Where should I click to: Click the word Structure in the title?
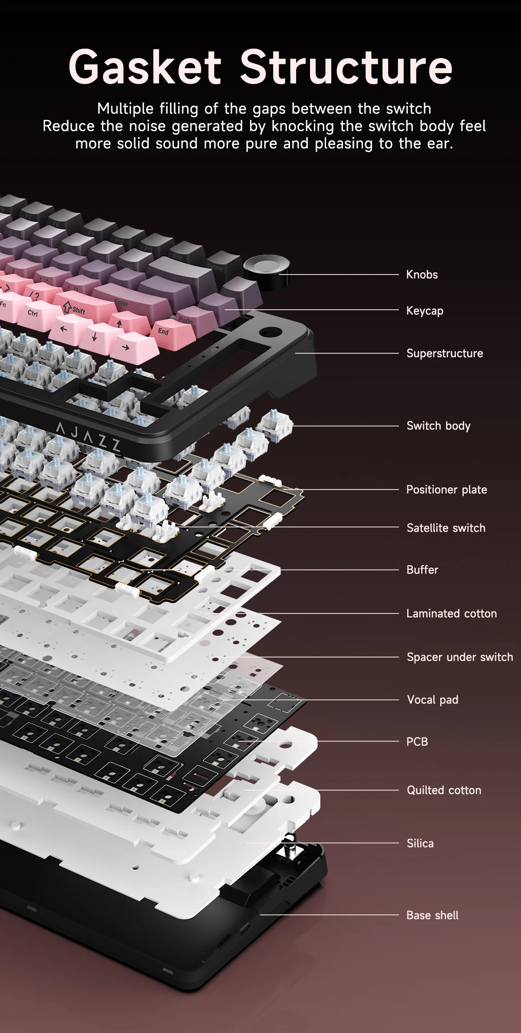click(346, 67)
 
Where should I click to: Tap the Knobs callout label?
click(422, 275)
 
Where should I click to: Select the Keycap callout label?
click(425, 311)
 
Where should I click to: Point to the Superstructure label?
click(445, 353)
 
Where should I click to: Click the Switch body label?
click(439, 426)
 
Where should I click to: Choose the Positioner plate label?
click(447, 490)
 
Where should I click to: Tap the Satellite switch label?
click(446, 528)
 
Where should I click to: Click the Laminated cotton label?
click(452, 613)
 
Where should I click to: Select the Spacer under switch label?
click(460, 657)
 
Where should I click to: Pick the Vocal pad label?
click(432, 699)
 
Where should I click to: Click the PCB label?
click(417, 742)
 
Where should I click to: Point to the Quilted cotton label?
click(444, 790)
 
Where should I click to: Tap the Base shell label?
click(432, 915)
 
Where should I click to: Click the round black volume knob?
click(267, 272)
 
